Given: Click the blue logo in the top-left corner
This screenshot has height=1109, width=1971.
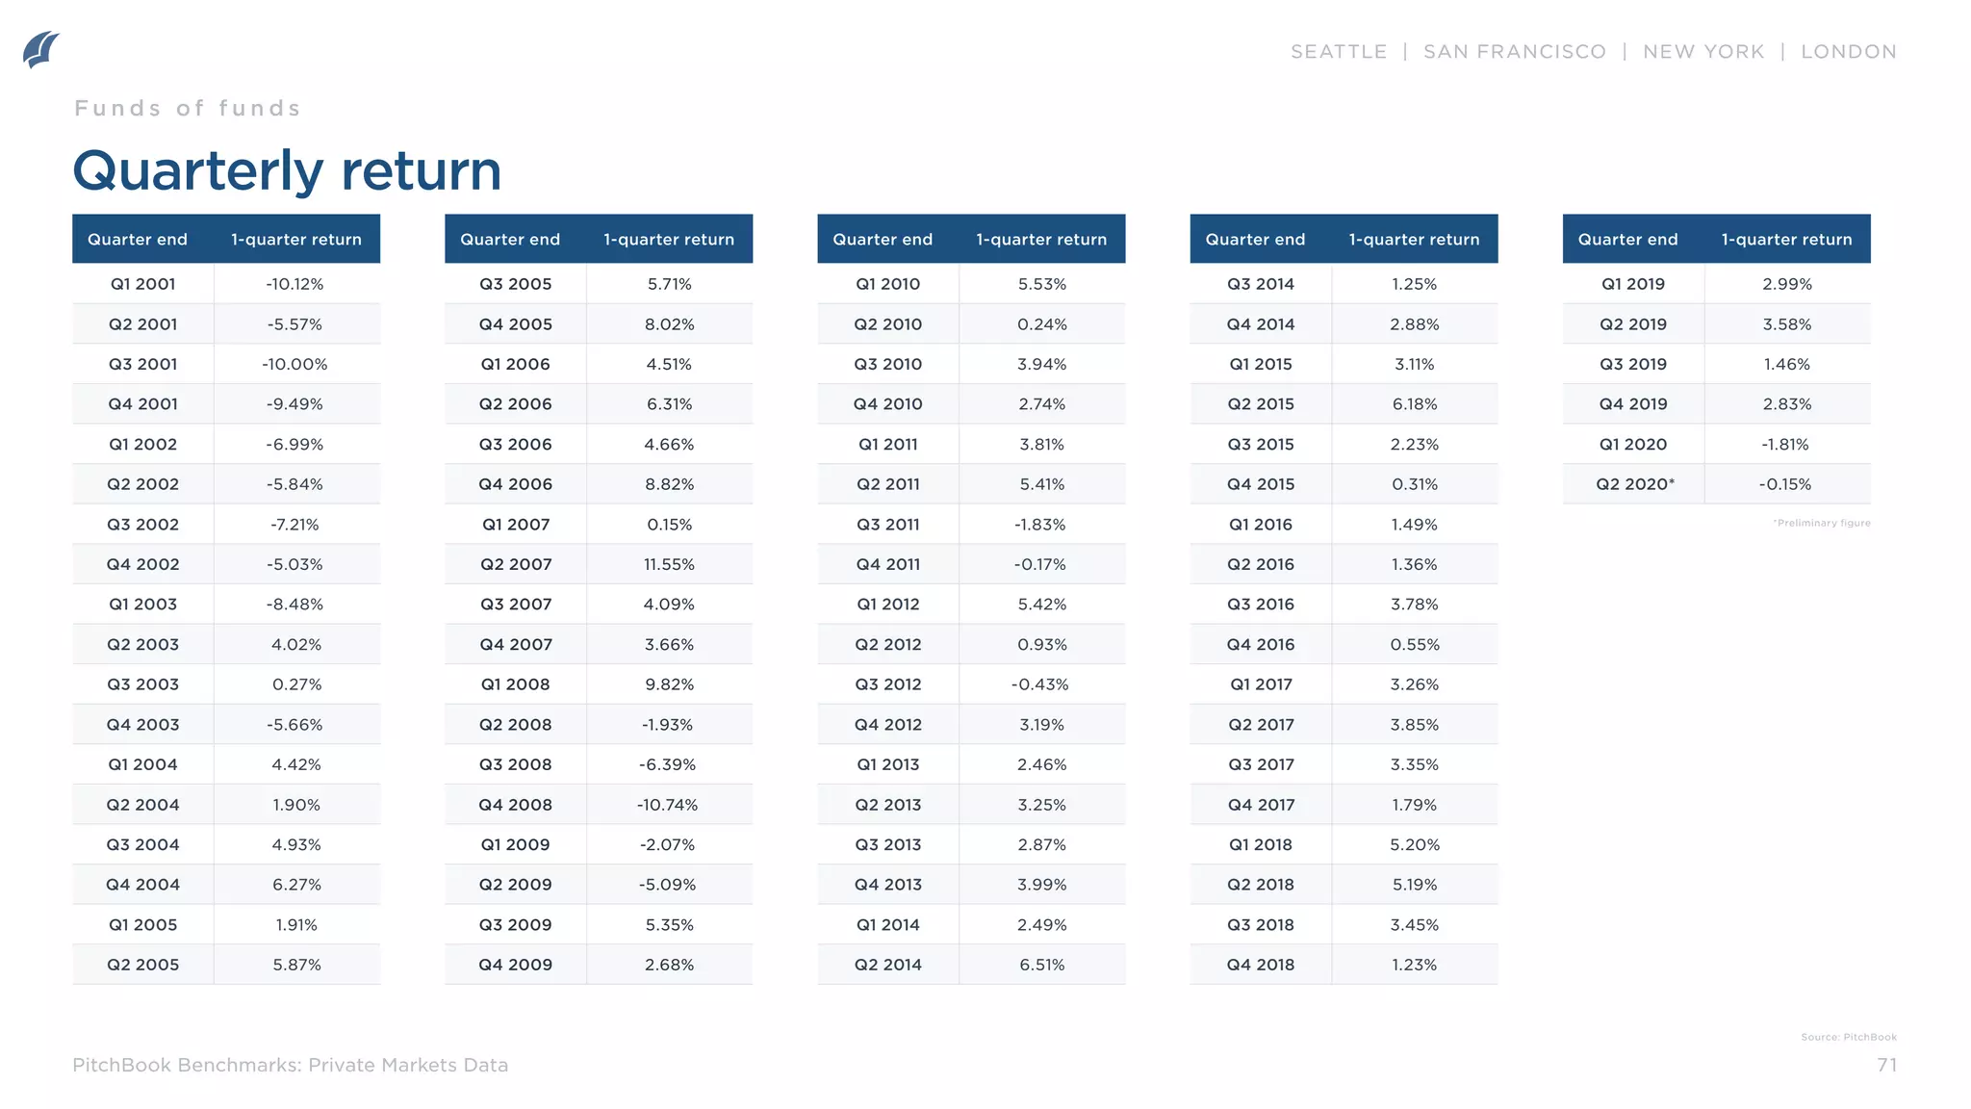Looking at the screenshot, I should click(x=40, y=50).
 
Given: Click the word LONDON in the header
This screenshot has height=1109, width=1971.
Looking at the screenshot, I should click(x=1848, y=52).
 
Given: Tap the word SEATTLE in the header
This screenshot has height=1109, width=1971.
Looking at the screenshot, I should click(x=1338, y=52).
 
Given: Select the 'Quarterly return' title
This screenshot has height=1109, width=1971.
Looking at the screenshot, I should click(x=287, y=171).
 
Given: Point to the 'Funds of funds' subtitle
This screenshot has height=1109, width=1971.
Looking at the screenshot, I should click(x=188, y=108).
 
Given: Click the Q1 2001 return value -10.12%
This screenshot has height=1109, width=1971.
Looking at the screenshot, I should click(x=295, y=284).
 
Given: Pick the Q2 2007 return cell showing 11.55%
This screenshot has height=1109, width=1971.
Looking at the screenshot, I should click(x=669, y=564).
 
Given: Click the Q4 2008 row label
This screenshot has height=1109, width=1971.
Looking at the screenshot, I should click(x=515, y=805).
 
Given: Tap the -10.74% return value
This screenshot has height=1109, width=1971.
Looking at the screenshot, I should click(x=668, y=805).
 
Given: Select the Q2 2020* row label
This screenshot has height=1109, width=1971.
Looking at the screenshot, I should click(x=1634, y=484).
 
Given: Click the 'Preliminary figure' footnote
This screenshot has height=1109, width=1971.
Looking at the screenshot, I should click(x=1822, y=523).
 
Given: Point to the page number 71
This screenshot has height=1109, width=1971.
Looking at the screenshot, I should click(x=1886, y=1065).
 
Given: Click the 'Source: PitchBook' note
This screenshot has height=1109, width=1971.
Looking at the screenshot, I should click(x=1848, y=1037).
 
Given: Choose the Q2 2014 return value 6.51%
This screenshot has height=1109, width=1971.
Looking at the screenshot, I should click(x=1041, y=965).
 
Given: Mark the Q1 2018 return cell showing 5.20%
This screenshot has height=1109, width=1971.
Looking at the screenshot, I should click(x=1414, y=844).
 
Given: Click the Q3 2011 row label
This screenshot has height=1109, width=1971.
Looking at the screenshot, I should click(x=887, y=525).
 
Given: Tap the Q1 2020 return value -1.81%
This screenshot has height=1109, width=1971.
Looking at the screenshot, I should click(x=1786, y=445).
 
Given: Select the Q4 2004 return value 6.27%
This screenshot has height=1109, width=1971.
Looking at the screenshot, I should click(x=296, y=885).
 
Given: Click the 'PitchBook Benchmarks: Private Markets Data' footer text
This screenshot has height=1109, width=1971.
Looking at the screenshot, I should click(x=290, y=1065).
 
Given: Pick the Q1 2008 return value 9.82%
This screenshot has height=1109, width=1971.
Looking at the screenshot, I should click(x=669, y=684).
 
